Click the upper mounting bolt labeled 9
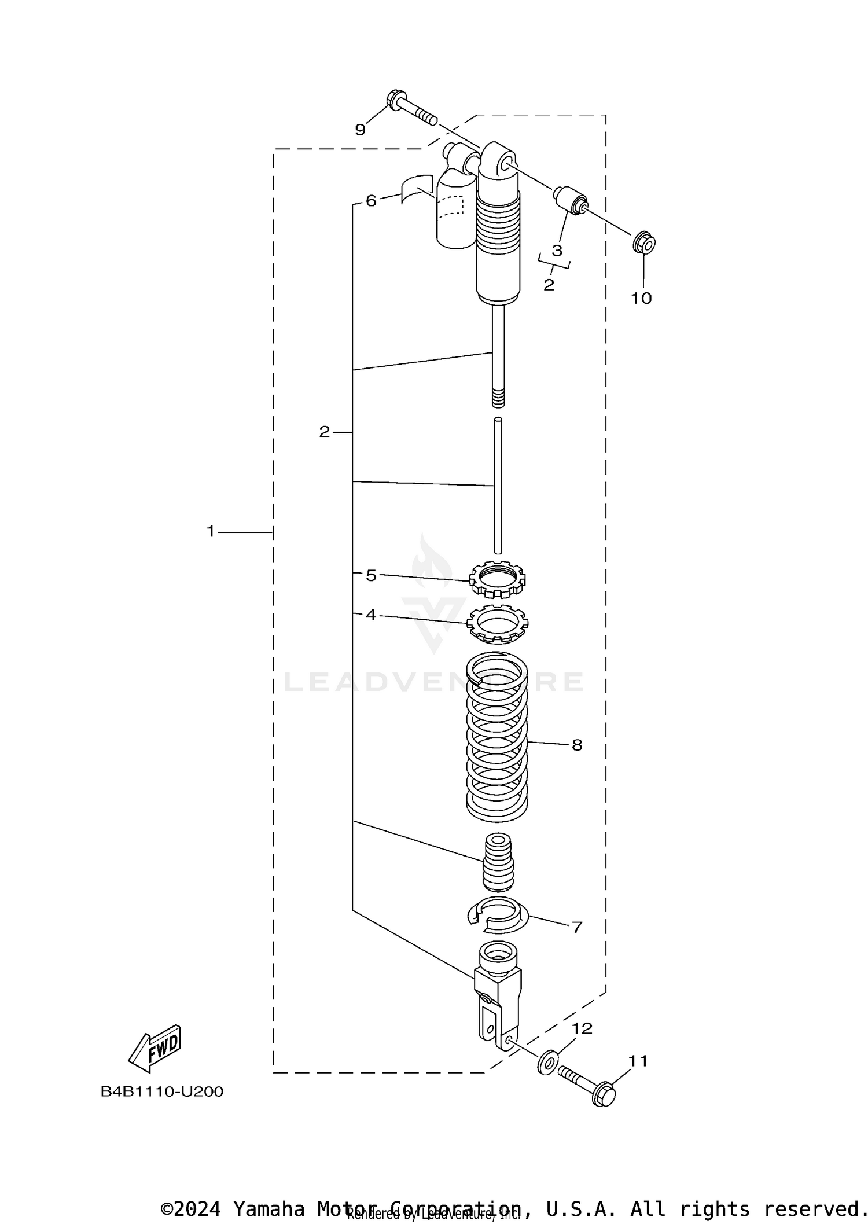coord(412,111)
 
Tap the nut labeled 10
coord(644,243)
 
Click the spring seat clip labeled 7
coord(498,914)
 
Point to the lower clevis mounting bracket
coord(496,995)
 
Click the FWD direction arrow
coord(155,1048)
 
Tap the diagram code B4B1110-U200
coord(161,1092)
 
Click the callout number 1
coord(211,531)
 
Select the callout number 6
coord(371,201)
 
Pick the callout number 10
coord(641,299)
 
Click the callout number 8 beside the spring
coord(576,745)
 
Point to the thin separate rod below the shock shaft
coord(498,486)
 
